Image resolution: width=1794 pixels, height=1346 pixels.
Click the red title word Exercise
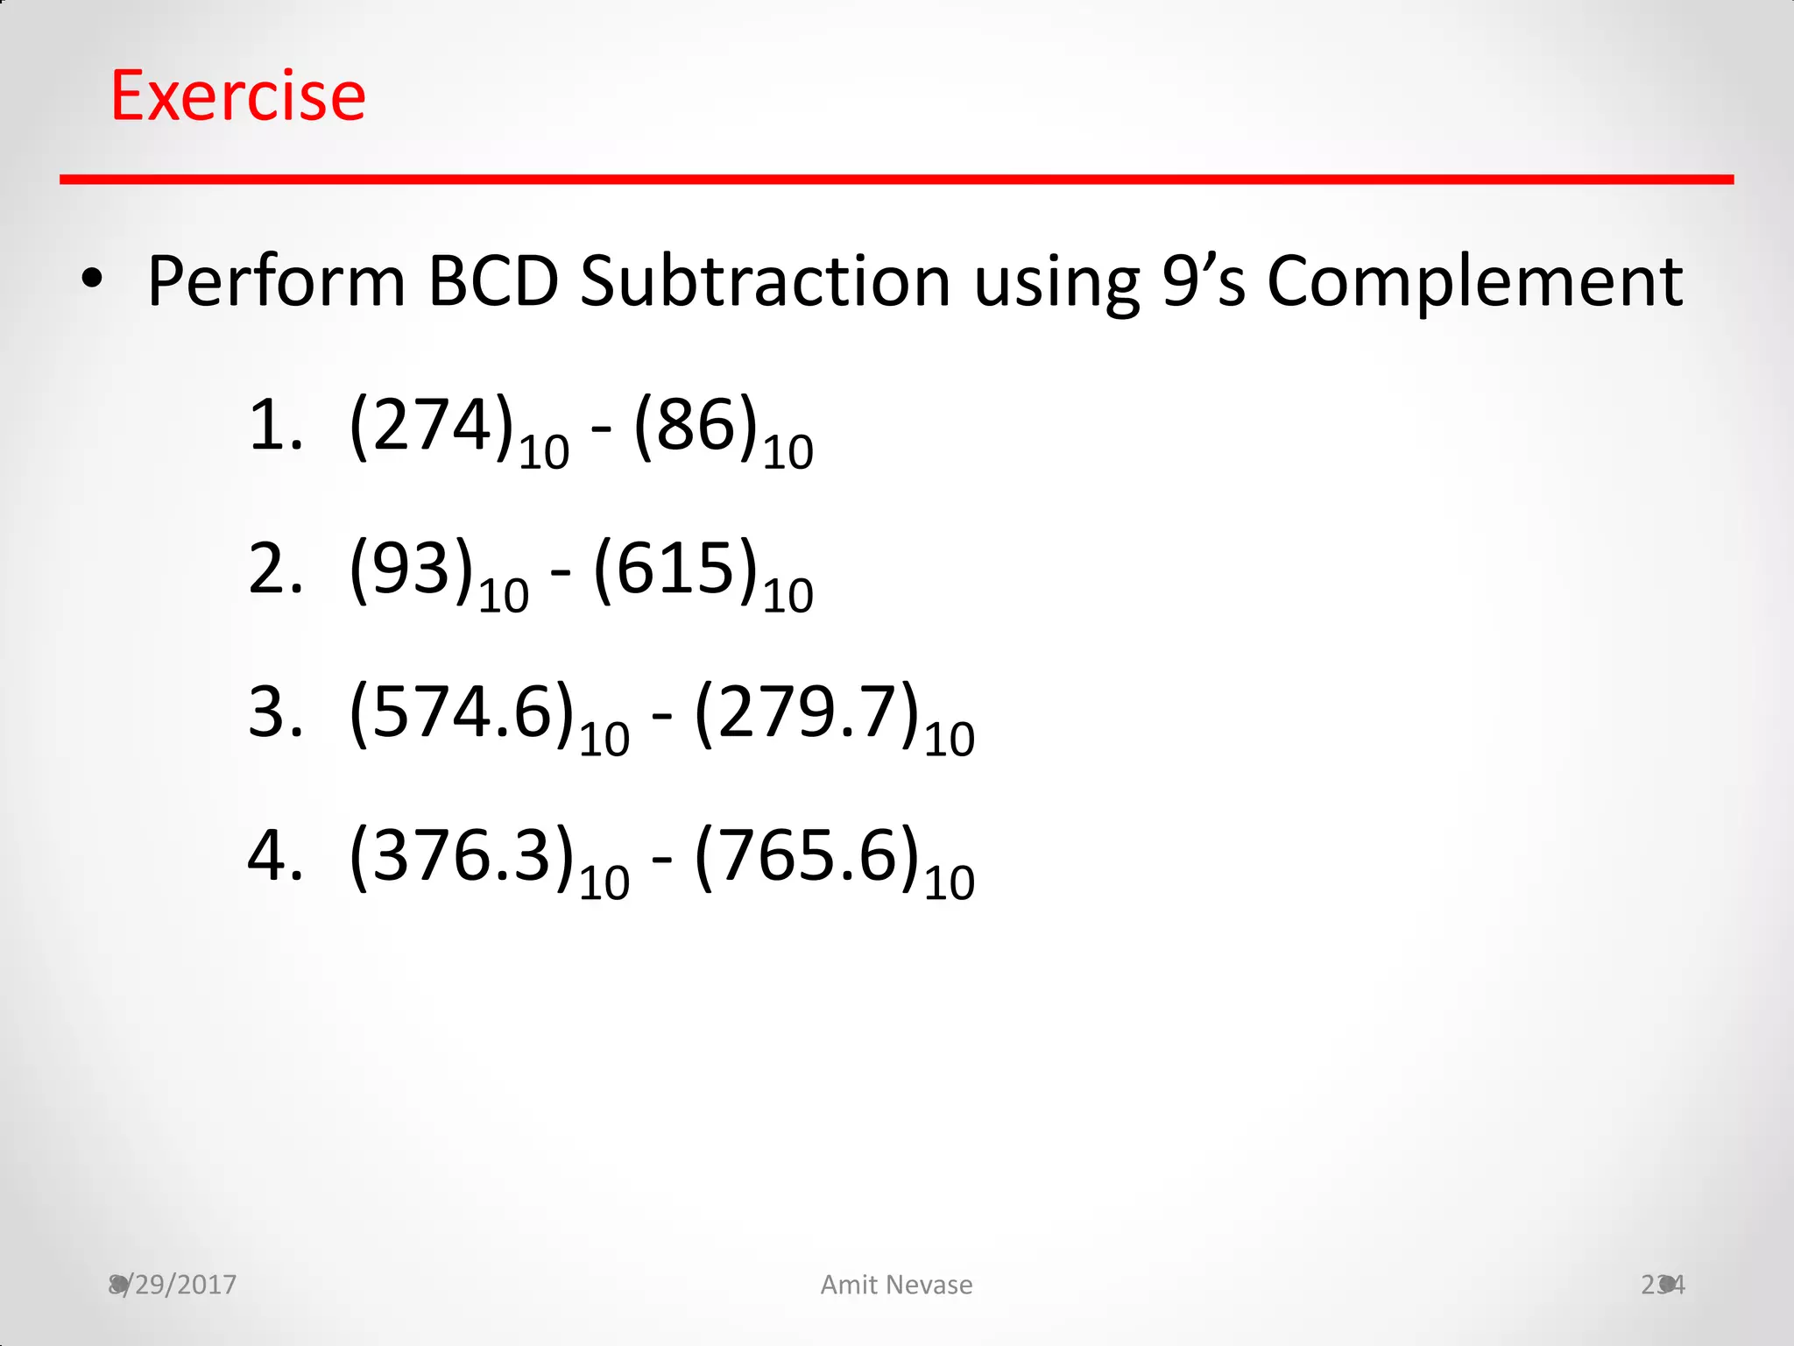(237, 96)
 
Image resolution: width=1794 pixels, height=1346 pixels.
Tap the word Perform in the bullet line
(276, 281)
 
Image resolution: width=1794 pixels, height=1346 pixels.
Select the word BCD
(493, 281)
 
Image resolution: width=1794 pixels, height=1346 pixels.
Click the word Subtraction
(765, 281)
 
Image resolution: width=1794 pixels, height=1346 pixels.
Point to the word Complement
(1474, 281)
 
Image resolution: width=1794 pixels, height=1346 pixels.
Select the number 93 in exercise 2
(411, 569)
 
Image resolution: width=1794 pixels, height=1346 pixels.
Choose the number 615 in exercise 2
(675, 569)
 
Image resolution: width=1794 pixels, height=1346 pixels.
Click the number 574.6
(461, 712)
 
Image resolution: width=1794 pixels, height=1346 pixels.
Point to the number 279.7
(806, 712)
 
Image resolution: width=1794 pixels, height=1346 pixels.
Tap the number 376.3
(461, 855)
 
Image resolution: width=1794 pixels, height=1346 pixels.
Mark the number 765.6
(806, 855)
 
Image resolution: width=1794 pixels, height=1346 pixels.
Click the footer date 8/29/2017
(173, 1285)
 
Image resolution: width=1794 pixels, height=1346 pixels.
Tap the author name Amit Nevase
(896, 1285)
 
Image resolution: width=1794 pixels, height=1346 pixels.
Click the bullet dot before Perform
(91, 280)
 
